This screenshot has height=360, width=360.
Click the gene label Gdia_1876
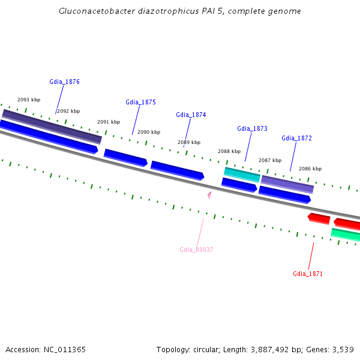(x=64, y=82)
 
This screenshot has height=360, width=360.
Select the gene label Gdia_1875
(x=140, y=102)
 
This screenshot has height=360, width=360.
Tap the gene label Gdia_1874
(x=191, y=115)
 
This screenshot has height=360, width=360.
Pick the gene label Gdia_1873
(x=252, y=128)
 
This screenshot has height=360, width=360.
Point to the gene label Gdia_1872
(x=296, y=138)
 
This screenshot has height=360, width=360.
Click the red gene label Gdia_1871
(x=308, y=274)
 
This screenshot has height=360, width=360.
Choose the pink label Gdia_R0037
(x=196, y=250)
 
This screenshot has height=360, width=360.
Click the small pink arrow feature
(x=209, y=194)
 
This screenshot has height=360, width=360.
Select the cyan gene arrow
(x=242, y=174)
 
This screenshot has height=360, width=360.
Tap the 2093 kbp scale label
(x=29, y=100)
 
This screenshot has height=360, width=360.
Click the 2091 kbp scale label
(x=109, y=122)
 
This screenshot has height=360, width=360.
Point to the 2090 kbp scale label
(x=149, y=132)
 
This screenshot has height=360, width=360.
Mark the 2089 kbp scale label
(x=188, y=142)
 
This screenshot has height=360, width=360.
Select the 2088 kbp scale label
(x=229, y=151)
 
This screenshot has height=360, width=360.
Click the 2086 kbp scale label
(x=310, y=169)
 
